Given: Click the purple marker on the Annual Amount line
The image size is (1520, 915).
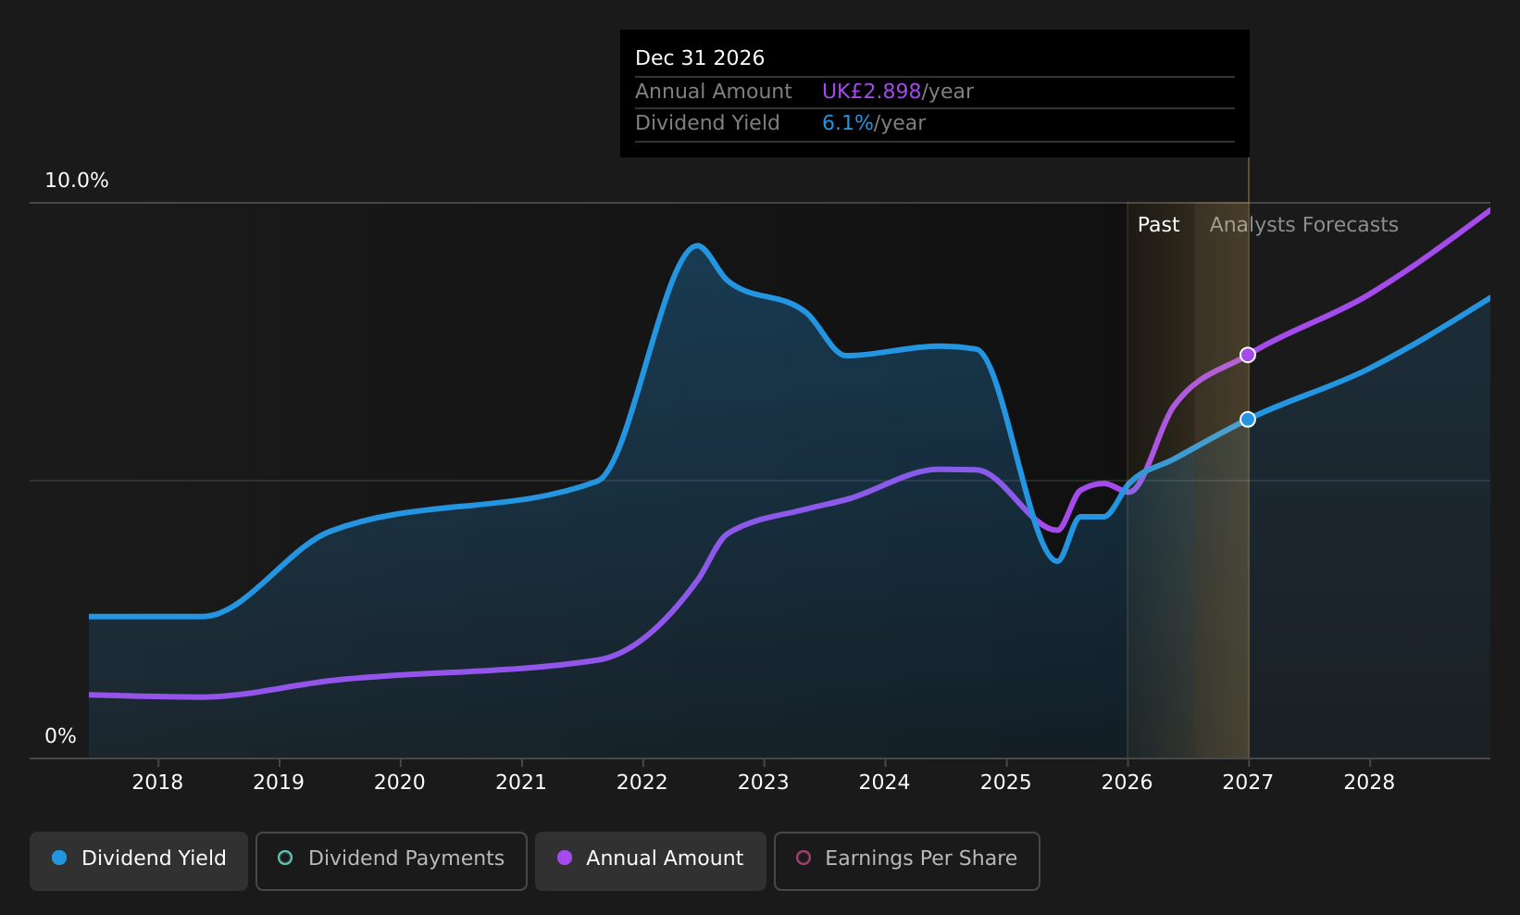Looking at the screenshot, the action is [1247, 355].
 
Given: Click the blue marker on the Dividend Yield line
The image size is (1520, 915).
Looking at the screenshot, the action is [1247, 420].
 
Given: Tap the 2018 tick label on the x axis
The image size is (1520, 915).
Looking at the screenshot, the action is [157, 783].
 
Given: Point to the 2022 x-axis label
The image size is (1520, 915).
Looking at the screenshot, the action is [642, 783].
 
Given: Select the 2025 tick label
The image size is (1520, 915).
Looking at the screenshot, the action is [1005, 783].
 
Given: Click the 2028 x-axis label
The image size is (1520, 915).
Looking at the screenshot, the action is [1369, 783].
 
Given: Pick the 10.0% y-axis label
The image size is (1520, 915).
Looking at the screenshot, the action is [77, 181].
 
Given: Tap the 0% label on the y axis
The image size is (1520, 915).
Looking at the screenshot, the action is [60, 736].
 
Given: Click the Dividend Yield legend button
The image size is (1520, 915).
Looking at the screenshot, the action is [139, 860].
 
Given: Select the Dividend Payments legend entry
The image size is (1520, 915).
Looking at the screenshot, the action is [392, 860].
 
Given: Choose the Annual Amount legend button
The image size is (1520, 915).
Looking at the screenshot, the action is [651, 860].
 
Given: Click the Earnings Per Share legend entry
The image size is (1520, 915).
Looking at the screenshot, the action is [907, 860].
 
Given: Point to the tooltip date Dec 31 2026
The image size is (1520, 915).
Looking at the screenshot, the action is [700, 58].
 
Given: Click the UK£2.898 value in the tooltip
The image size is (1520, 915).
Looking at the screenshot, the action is [871, 92].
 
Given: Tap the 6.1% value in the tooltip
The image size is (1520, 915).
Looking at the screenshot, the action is [848, 123].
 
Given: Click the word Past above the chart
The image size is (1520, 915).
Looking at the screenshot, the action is [1158, 225].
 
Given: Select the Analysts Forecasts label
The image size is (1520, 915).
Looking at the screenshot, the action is [1303, 225].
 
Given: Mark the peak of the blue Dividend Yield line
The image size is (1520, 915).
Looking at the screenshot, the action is [696, 245].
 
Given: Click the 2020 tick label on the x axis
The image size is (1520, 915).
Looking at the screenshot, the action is [400, 783].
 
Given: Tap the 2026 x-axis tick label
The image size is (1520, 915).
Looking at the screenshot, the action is [1128, 783].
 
